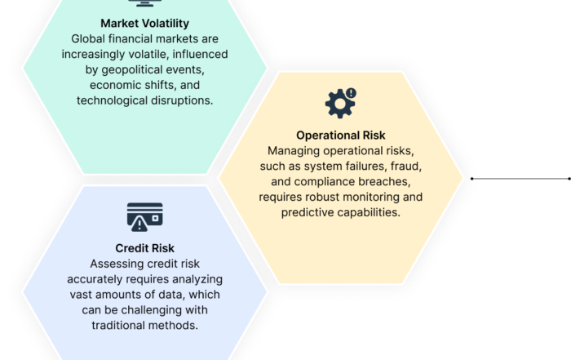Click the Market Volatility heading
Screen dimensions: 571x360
pyautogui.click(x=144, y=24)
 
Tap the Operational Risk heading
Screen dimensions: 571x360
pyautogui.click(x=340, y=136)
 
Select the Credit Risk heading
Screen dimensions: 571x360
pyautogui.click(x=144, y=248)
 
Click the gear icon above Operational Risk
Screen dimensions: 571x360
pyautogui.click(x=340, y=103)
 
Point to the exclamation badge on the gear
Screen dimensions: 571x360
pyautogui.click(x=351, y=93)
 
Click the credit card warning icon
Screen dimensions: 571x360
pyautogui.click(x=144, y=217)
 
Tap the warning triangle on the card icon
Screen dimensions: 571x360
pyautogui.click(x=139, y=224)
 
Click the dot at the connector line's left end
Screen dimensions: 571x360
pyautogui.click(x=472, y=179)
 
